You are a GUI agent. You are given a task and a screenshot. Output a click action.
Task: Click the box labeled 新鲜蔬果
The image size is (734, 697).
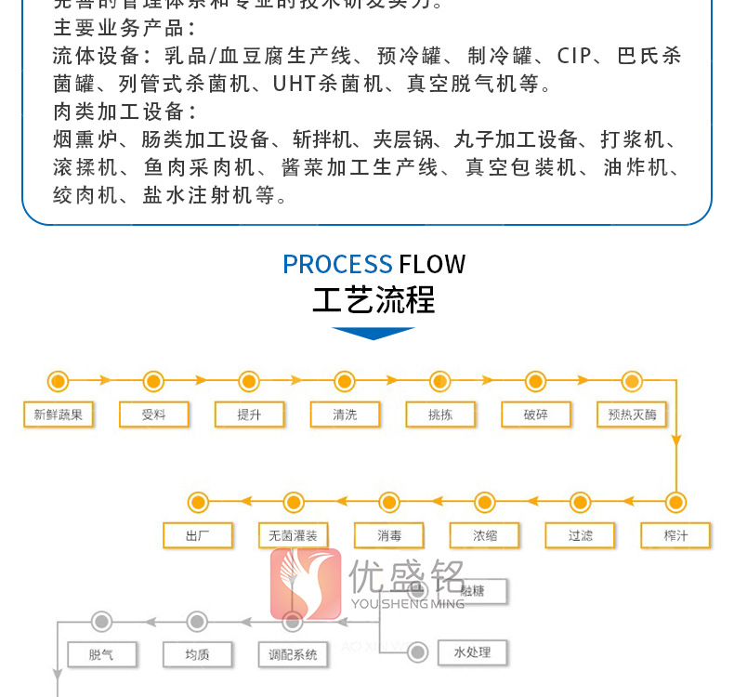(58, 414)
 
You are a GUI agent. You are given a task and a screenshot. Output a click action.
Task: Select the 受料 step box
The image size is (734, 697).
(153, 414)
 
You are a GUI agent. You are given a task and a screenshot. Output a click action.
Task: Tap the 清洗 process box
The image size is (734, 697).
(345, 414)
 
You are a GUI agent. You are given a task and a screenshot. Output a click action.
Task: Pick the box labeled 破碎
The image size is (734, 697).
(536, 414)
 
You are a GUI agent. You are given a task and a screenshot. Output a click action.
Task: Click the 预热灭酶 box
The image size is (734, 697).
(632, 414)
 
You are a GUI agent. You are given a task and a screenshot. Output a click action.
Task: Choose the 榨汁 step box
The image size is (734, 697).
(675, 535)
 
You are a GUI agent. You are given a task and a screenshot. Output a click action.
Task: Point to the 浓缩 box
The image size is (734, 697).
(485, 535)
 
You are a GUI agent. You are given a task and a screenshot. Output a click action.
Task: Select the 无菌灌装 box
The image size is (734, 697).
(293, 535)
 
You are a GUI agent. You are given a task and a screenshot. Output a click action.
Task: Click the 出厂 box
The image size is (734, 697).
(198, 535)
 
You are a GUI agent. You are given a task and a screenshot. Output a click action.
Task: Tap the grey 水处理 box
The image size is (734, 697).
(472, 651)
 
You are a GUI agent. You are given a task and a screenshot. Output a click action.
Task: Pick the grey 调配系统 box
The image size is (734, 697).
(293, 654)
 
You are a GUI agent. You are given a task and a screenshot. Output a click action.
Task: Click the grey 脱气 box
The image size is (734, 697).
(101, 654)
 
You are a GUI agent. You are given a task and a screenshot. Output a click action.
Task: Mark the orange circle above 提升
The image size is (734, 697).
(249, 381)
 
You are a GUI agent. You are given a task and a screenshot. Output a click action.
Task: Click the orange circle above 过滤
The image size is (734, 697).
(581, 503)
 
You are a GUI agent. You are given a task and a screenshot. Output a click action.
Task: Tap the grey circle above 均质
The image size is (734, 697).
(197, 622)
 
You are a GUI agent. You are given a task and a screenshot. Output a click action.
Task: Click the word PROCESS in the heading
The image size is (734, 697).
(337, 265)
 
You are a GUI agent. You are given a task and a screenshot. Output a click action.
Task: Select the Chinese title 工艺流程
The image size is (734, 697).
(374, 301)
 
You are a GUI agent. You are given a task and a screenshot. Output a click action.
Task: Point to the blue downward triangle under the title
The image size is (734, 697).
(374, 333)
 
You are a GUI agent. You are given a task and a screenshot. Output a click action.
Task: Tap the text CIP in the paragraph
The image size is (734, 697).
(574, 57)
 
